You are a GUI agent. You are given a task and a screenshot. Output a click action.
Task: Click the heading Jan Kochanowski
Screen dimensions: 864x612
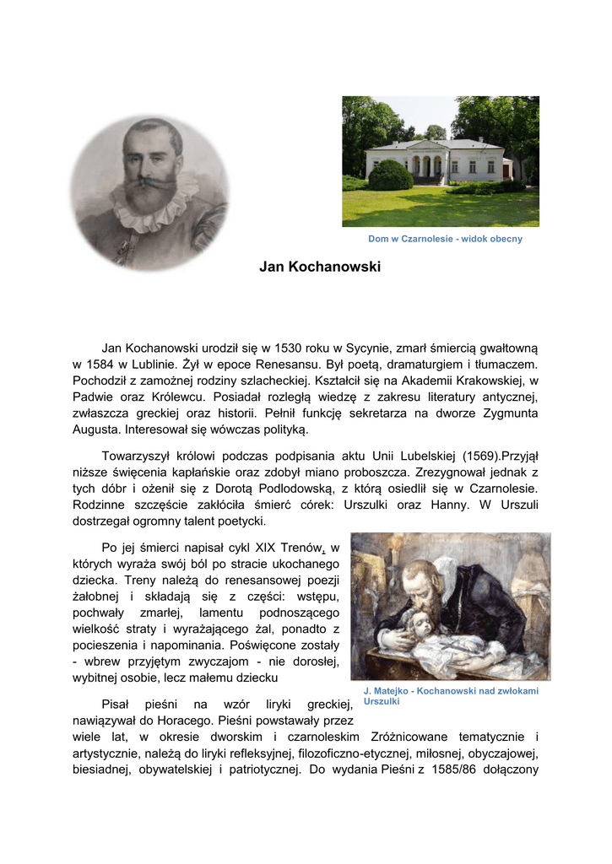click(x=320, y=267)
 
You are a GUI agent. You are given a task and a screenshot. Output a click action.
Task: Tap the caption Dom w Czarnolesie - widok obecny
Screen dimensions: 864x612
click(x=445, y=239)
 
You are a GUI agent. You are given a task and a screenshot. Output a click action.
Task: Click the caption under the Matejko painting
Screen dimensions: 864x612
click(x=450, y=696)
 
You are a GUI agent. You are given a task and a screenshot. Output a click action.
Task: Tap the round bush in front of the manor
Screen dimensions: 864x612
click(x=391, y=175)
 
